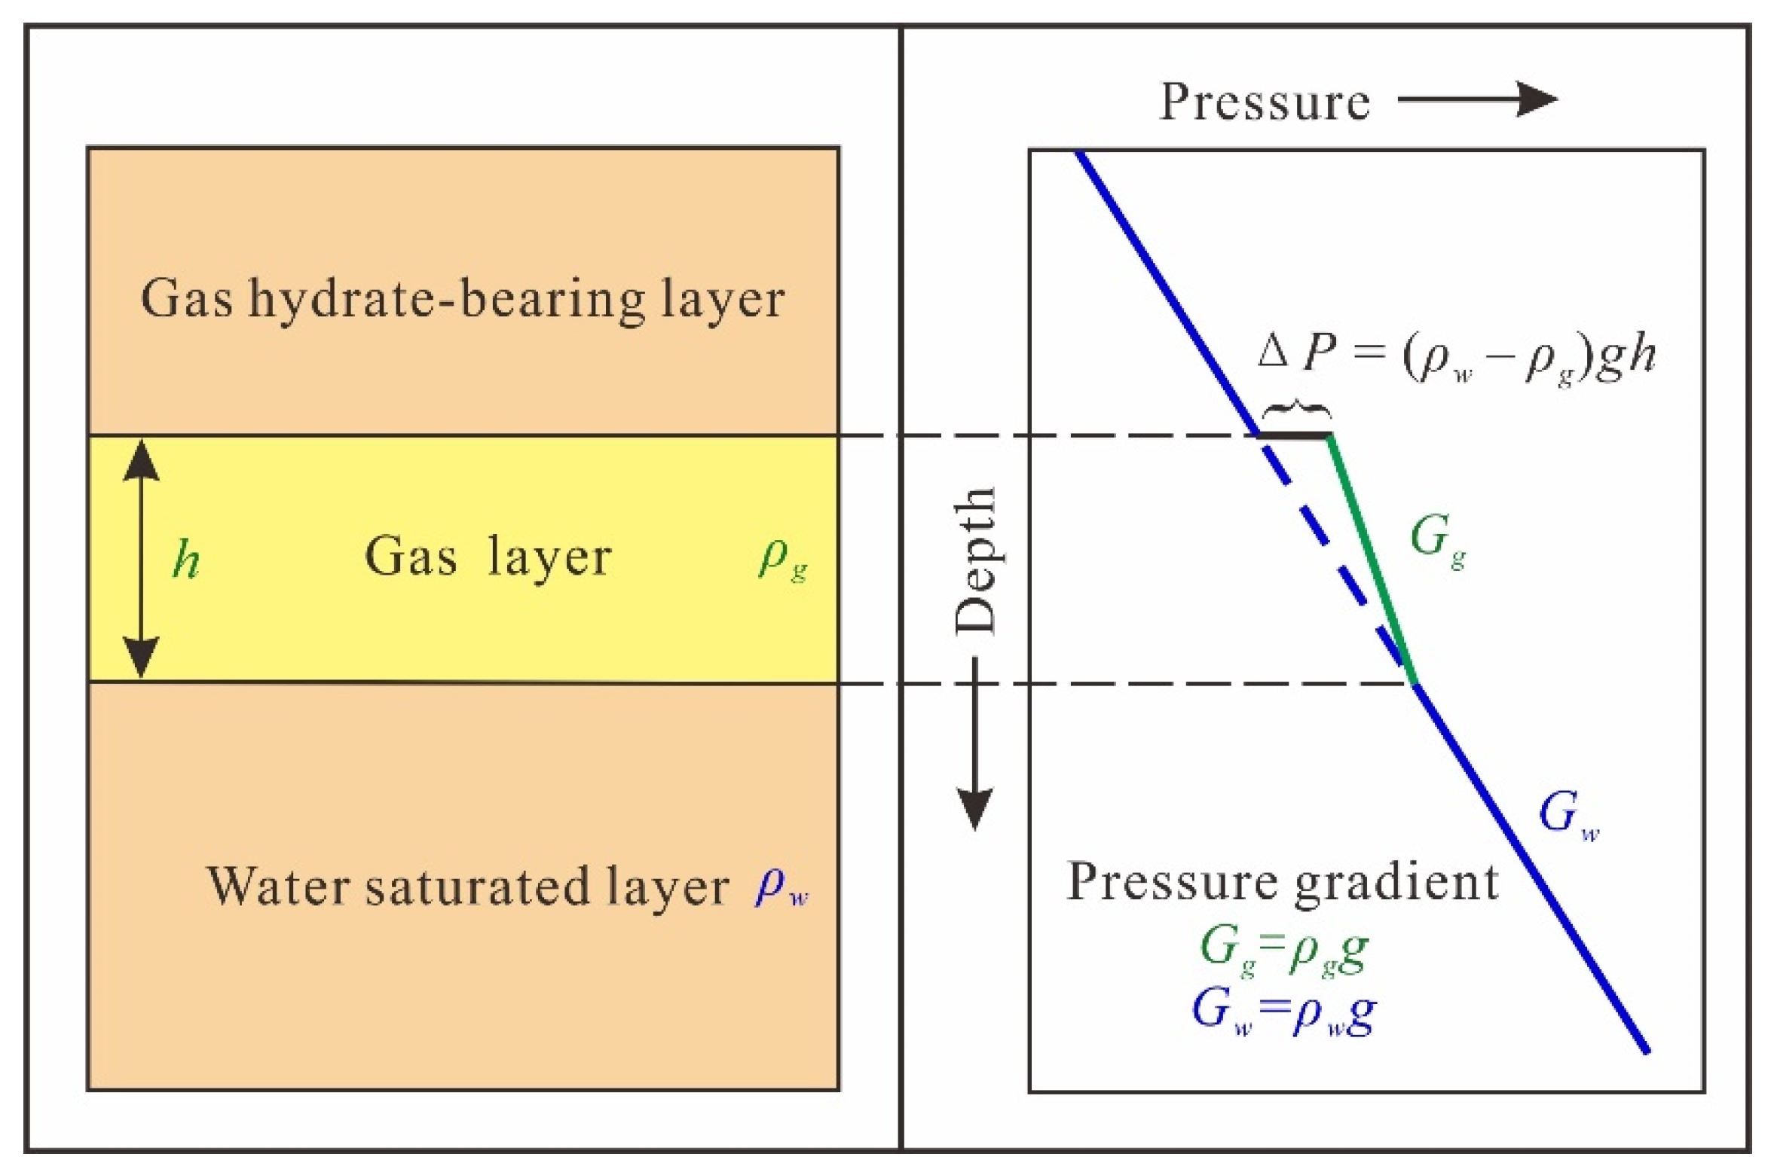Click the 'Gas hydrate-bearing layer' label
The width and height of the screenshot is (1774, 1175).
tap(462, 300)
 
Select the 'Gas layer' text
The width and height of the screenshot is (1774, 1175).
tap(488, 557)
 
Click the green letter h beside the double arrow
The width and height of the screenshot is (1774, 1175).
tap(186, 560)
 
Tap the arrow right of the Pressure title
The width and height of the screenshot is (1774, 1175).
tap(1477, 99)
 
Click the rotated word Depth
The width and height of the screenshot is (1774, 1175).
tap(976, 560)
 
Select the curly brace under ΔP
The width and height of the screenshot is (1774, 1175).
tap(1295, 410)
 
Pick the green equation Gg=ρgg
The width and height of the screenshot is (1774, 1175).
tap(1283, 951)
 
